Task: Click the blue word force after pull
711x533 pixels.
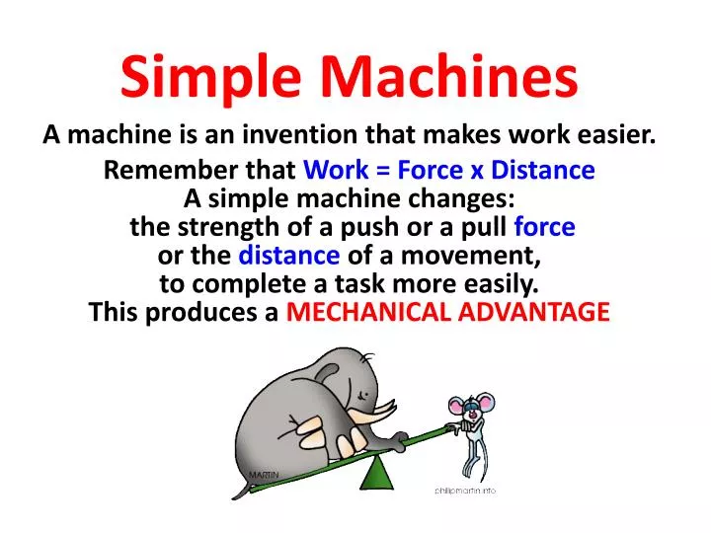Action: tap(544, 227)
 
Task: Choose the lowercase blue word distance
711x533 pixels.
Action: tap(289, 256)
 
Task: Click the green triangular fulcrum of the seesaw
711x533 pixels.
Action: tap(376, 473)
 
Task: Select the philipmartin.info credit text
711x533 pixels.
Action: tap(465, 491)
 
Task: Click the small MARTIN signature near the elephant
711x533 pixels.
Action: tap(264, 475)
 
